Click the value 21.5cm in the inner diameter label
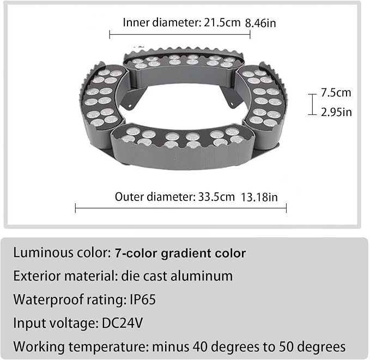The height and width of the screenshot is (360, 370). [222, 23]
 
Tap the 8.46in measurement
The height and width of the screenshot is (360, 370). [260, 23]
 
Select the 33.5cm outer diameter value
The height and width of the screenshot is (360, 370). [216, 197]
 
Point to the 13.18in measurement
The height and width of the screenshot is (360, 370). [259, 197]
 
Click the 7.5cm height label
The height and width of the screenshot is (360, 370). [336, 93]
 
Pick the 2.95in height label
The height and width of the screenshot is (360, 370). [336, 112]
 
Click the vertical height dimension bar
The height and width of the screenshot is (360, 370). [312, 105]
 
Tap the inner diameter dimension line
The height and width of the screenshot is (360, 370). [180, 35]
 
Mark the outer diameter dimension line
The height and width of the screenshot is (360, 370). [181, 208]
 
